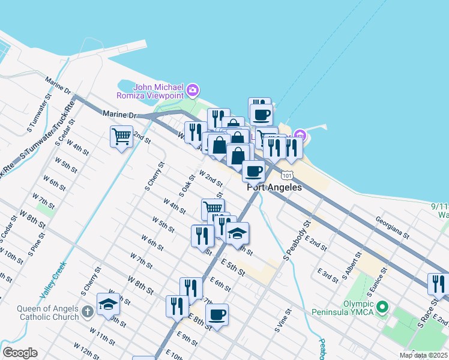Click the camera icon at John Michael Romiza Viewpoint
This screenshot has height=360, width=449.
[x=193, y=91]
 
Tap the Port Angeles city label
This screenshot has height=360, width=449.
[x=274, y=187]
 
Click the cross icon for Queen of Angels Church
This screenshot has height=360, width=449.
[x=88, y=311]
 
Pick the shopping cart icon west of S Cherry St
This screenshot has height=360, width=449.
[x=121, y=137]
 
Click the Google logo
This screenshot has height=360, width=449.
[x=20, y=352]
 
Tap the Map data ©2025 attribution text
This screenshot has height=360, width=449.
[x=424, y=355]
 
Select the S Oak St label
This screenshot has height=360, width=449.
[x=187, y=185]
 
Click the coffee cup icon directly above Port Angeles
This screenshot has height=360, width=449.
[x=253, y=171]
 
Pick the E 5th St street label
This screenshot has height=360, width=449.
[x=233, y=268]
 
